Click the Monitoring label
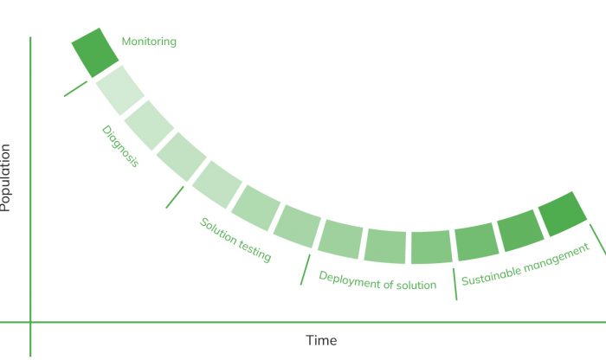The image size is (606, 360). tap(149, 42)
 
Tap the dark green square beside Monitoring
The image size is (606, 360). tap(95, 53)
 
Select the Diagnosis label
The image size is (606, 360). tap(120, 146)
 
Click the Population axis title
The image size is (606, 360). tap(5, 177)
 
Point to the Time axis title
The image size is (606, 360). tap(321, 340)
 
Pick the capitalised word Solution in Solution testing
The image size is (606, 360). tap(217, 231)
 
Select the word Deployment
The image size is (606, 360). tap(346, 280)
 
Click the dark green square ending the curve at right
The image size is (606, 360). tap(563, 214)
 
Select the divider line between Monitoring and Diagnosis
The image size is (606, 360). tap(76, 89)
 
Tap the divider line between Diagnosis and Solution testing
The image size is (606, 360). tap(175, 197)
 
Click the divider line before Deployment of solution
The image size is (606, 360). tap(306, 270)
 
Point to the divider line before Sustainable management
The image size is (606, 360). tap(455, 284)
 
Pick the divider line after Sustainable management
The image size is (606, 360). tap(598, 240)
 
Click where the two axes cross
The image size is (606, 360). tap(30, 322)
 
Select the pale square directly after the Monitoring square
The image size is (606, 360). tap(119, 90)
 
